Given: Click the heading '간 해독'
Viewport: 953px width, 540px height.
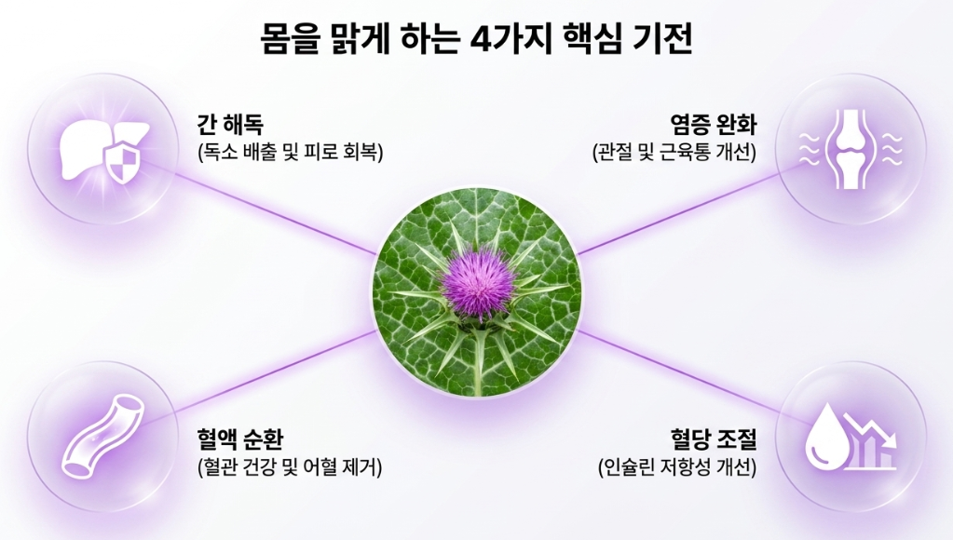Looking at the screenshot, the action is click(230, 125).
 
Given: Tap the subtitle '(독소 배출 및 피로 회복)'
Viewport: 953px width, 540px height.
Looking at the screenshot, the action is click(291, 152).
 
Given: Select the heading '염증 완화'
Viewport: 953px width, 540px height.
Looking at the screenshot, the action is click(714, 125).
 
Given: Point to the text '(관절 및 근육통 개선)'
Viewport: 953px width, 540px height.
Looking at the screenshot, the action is click(674, 152).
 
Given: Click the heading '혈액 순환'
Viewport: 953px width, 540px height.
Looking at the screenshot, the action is click(239, 438).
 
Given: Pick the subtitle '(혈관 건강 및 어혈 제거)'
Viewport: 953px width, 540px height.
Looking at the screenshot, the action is click(290, 467).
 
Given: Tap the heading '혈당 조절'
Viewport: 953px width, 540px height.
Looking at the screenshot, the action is click(714, 438).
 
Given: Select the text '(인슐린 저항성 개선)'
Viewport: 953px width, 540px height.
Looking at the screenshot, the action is click(677, 467).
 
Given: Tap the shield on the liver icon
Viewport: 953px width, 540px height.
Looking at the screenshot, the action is click(123, 162).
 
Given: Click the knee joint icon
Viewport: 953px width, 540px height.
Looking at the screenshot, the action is click(851, 149).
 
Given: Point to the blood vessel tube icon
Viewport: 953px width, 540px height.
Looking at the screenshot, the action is click(102, 435).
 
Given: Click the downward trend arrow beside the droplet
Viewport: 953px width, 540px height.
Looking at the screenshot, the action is click(877, 430).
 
